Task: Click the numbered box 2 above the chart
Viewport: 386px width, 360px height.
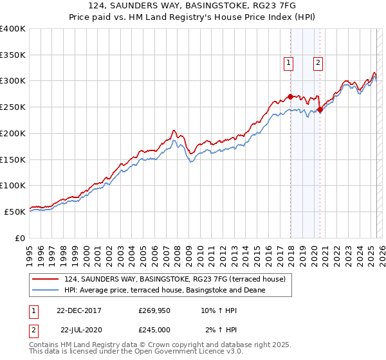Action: click(318, 63)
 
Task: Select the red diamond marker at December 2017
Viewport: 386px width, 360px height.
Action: click(290, 96)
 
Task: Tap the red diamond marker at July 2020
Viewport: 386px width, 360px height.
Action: click(320, 109)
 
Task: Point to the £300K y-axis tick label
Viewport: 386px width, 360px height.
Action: click(12, 81)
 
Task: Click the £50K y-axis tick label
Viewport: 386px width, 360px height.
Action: click(15, 212)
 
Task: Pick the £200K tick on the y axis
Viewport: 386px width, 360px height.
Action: click(12, 133)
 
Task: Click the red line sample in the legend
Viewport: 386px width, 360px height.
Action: click(45, 279)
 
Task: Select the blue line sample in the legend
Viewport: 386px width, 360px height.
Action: click(45, 290)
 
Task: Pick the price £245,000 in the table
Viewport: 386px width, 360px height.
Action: click(154, 329)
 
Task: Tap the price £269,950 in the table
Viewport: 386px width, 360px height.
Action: click(154, 310)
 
